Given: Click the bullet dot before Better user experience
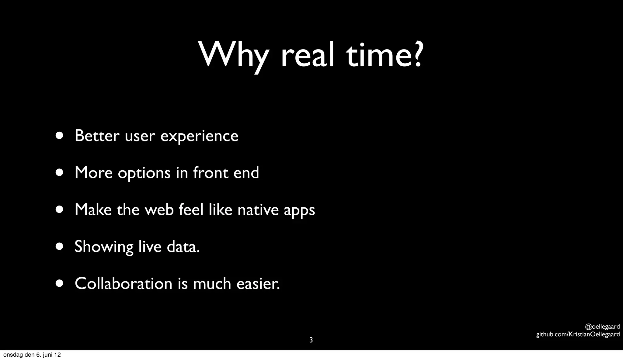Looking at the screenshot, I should click(60, 136).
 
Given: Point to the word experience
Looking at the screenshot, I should click(199, 136).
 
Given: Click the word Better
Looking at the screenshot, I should click(97, 136).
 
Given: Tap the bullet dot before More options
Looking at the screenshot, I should click(60, 173).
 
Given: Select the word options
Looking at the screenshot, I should click(144, 173).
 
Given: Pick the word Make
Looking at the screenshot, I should click(93, 210).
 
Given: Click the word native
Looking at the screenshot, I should click(258, 210).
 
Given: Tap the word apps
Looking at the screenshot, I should click(299, 211).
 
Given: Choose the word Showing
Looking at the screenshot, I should click(104, 247).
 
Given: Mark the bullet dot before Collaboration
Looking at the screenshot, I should click(60, 284).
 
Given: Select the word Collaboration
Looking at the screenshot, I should click(124, 284).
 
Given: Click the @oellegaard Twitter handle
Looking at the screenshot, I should click(602, 327).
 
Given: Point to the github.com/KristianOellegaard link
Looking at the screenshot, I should click(578, 334).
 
